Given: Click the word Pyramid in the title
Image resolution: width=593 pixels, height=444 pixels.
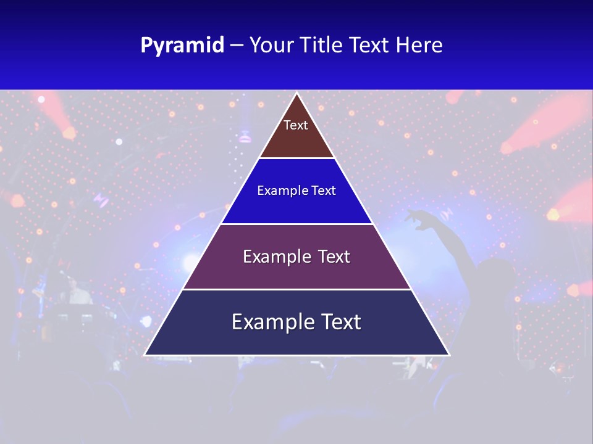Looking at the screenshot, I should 182,46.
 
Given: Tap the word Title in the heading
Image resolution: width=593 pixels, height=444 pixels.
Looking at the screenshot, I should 325,46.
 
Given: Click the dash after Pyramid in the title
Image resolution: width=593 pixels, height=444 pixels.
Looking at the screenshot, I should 237,46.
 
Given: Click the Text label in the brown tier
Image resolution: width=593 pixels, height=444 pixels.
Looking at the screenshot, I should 296,125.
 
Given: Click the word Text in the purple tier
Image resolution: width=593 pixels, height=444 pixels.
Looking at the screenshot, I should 334,257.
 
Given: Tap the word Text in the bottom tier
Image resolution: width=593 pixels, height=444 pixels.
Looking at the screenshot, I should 339,323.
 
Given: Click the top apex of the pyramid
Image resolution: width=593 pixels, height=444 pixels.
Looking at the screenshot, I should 297,94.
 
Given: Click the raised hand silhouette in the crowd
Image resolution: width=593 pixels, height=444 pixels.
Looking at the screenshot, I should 415,216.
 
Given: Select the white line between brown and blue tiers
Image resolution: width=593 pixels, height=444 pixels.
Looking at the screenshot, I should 297,158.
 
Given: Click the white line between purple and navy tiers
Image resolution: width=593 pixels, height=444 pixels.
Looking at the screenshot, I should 297,289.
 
